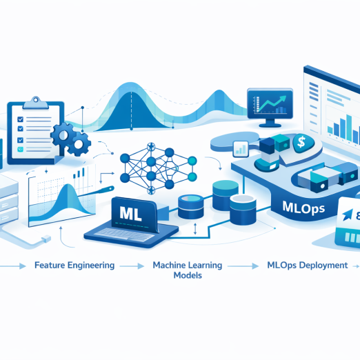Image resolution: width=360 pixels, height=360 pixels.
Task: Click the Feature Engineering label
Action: pyautogui.click(x=74, y=266)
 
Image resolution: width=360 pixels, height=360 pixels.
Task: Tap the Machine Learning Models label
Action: pyautogui.click(x=188, y=270)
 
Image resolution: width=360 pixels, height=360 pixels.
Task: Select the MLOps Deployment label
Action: pyautogui.click(x=308, y=266)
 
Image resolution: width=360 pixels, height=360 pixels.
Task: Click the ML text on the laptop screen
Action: pyautogui.click(x=130, y=214)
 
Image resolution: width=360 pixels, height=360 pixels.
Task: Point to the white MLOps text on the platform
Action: pyautogui.click(x=303, y=208)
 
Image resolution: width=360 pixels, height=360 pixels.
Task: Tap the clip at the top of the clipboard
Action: pyautogui.click(x=36, y=103)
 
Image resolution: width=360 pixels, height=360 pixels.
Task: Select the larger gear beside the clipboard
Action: pyautogui.click(x=63, y=135)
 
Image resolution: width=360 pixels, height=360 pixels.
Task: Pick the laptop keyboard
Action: pyautogui.click(x=124, y=234)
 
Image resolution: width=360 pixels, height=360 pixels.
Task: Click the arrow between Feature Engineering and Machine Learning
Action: pyautogui.click(x=132, y=266)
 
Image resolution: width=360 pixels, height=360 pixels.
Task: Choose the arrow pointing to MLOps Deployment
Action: pyautogui.click(x=243, y=266)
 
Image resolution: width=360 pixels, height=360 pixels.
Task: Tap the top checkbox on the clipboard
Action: pyautogui.click(x=20, y=119)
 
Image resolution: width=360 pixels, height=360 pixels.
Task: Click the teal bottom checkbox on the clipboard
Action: pyautogui.click(x=20, y=150)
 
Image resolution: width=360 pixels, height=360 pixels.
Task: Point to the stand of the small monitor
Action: pyautogui.click(x=270, y=123)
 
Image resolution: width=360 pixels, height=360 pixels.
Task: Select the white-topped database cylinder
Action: pyautogui.click(x=243, y=210)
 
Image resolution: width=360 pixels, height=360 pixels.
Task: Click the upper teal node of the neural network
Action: pyautogui.click(x=192, y=161)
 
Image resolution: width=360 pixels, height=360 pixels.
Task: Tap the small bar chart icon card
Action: pyautogui.click(x=241, y=149)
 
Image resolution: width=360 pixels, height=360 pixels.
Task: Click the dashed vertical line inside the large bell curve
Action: pyautogui.click(x=132, y=110)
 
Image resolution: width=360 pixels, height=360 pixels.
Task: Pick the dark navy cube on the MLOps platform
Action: pyautogui.click(x=267, y=146)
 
